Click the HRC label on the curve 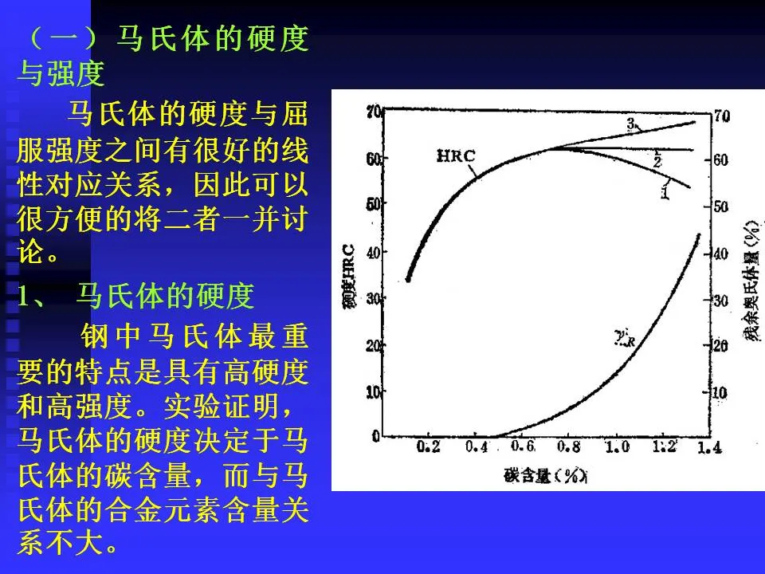point(456,155)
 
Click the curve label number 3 point(630,124)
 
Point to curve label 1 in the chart point(665,191)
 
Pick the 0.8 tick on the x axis point(569,447)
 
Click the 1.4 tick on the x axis point(709,448)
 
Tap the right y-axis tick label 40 point(720,254)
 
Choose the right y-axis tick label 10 point(720,393)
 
